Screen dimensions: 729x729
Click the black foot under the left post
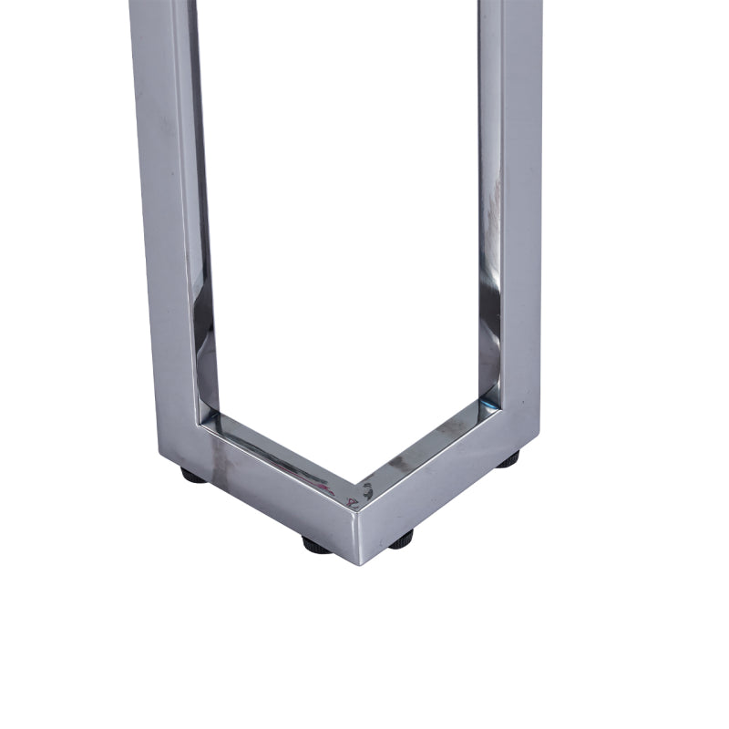[193, 474]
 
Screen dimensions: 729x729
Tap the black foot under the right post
[508, 458]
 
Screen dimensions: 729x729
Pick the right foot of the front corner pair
[400, 539]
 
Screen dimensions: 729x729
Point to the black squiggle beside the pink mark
[365, 492]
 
